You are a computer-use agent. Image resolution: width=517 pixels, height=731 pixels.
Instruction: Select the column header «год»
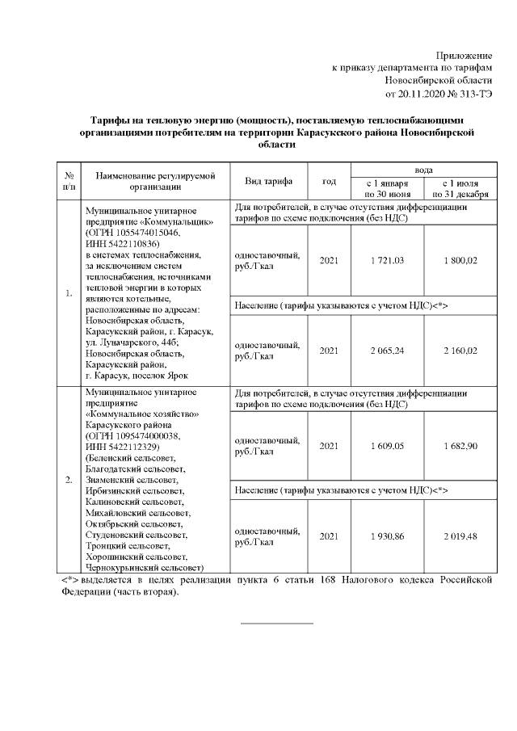pos(329,181)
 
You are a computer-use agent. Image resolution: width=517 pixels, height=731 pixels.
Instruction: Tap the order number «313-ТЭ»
pos(473,94)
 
